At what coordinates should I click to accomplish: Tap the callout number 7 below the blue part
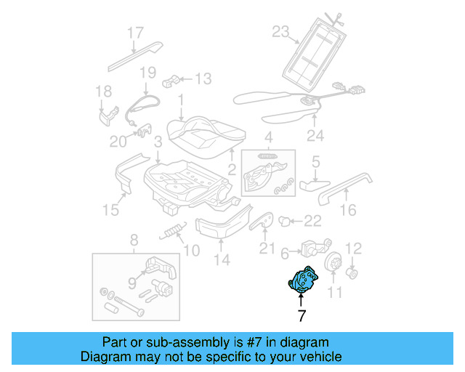coord(302,316)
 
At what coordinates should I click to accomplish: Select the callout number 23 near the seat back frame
coord(280,31)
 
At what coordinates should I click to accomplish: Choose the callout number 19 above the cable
coord(147,72)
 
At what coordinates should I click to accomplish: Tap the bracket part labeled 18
coord(109,114)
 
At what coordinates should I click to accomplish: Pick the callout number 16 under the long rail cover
coord(349,210)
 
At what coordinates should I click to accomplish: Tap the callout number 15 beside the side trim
coord(110,210)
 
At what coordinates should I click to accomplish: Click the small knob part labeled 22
coord(285,219)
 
